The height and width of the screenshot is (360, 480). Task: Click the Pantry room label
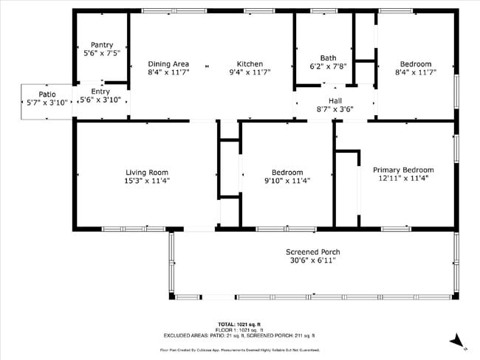(101, 45)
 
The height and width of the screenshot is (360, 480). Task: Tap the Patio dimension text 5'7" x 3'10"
(47, 103)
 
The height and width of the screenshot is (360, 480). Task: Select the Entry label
(100, 91)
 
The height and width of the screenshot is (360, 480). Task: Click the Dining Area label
(168, 64)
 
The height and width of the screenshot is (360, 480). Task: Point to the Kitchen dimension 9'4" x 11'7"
(250, 72)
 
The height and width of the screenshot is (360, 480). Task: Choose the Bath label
(328, 58)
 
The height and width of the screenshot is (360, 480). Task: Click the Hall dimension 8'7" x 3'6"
(335, 109)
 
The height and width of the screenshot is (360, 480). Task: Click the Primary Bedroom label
(402, 169)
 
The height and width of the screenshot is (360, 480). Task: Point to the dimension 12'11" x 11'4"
(402, 178)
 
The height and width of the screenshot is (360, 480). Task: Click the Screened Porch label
(312, 252)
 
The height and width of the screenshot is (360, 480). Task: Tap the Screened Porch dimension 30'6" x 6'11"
(312, 260)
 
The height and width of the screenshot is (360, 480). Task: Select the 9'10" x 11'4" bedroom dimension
(287, 181)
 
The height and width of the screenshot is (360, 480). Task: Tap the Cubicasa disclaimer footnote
(239, 350)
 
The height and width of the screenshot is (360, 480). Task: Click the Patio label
(47, 94)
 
